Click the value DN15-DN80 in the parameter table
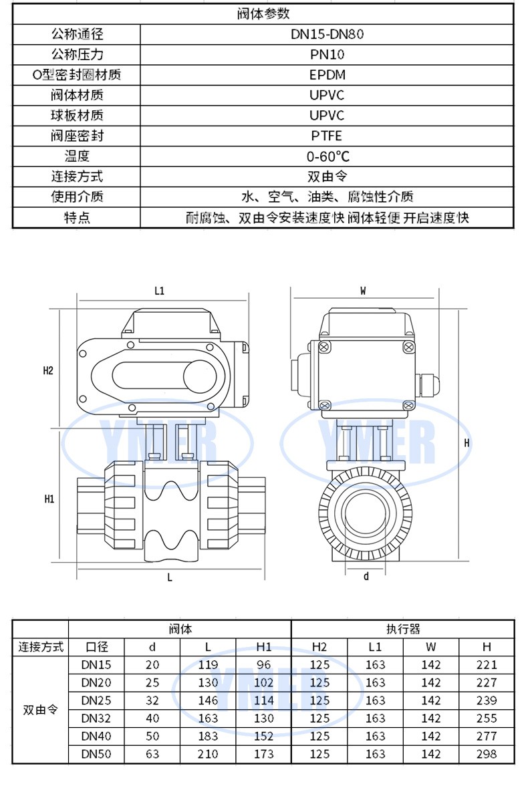[327, 33]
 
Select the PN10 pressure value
[327, 54]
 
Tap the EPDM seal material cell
[327, 74]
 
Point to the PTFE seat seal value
[327, 136]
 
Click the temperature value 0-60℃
[327, 156]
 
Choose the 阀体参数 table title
[263, 13]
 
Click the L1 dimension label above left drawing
[160, 291]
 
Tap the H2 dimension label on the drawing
[48, 370]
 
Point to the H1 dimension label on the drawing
[49, 499]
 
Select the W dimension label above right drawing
[364, 291]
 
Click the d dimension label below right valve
[366, 576]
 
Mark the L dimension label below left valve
[170, 577]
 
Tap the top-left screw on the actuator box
[324, 347]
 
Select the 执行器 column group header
[403, 629]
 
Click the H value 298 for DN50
[487, 754]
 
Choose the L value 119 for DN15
[209, 664]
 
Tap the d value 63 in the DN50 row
[152, 754]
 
